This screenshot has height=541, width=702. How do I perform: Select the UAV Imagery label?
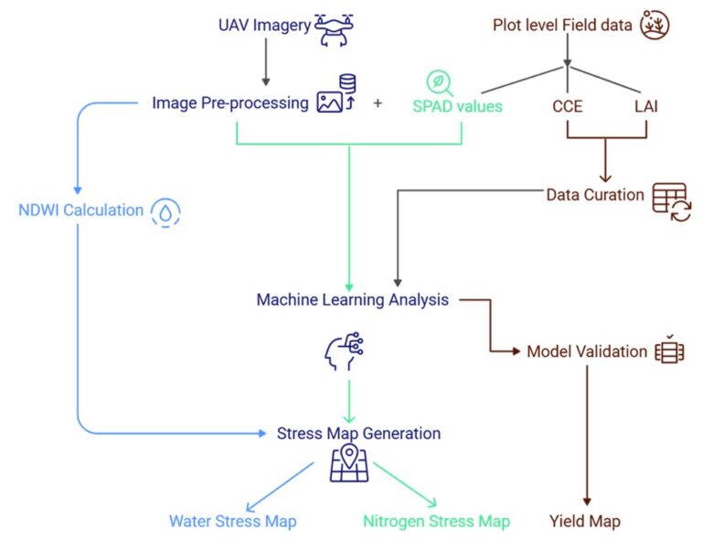[264, 25]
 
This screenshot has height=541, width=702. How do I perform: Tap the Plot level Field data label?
[562, 25]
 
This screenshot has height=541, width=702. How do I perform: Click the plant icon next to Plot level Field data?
[654, 25]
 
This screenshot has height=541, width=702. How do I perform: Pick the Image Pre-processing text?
[230, 103]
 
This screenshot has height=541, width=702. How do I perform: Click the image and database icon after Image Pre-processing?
[335, 95]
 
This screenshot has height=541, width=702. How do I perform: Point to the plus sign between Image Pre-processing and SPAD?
[378, 103]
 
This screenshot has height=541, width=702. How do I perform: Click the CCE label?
[567, 105]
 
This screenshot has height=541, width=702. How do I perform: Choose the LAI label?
[646, 105]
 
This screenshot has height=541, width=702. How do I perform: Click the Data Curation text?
[595, 195]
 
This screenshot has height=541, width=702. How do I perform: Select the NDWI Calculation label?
[81, 211]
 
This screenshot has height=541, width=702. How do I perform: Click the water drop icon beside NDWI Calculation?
[165, 211]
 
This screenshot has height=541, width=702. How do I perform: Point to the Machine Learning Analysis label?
[352, 299]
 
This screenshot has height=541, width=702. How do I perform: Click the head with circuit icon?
[344, 352]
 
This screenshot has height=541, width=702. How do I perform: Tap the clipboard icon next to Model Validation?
[669, 351]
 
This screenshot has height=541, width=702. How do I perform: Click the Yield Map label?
[585, 522]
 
